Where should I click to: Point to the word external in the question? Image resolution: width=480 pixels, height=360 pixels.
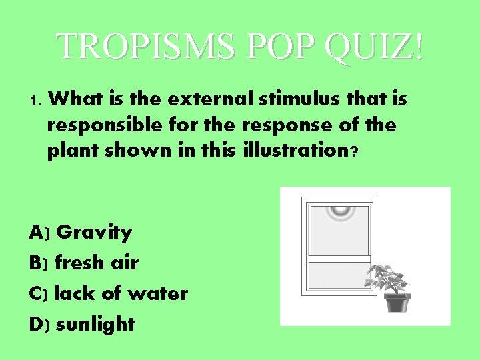pos(207,99)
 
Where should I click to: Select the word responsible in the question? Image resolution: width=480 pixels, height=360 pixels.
pos(93,125)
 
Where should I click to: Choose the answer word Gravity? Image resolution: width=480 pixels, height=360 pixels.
pos(94,233)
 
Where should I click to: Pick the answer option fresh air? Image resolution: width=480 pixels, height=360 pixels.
pos(97,263)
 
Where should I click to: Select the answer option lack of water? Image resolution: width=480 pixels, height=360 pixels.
pos(121,293)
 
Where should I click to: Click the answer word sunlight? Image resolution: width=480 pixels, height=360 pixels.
pos(95,324)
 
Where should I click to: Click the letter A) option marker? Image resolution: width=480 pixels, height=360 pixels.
pos(39,233)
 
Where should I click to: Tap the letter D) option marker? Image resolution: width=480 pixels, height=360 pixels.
pos(39,324)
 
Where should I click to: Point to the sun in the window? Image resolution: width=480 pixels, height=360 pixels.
pos(341,209)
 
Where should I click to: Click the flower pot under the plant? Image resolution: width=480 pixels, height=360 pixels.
pos(397,303)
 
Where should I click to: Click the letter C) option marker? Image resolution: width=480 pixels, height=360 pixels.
pos(39,293)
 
